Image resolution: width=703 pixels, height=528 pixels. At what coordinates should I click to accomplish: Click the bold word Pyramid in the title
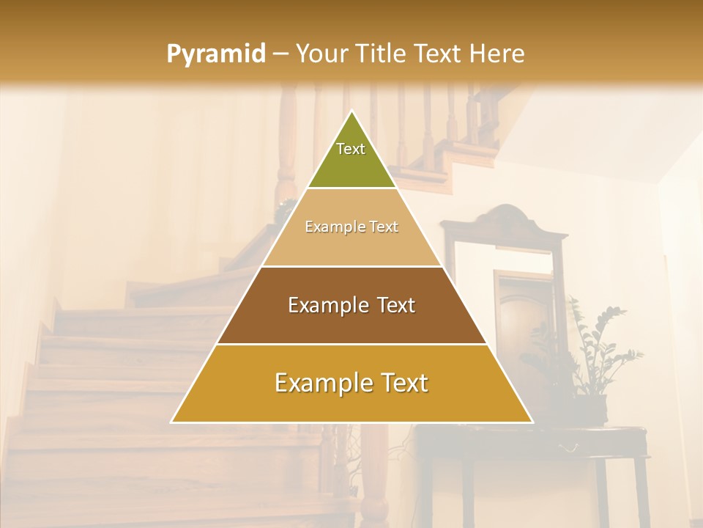coord(216,54)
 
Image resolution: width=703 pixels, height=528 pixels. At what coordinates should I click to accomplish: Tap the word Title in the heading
coord(382,54)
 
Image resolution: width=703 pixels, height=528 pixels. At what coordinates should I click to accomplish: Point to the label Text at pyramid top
coord(351,149)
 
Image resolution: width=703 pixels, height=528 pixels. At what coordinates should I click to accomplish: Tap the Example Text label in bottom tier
coord(351,383)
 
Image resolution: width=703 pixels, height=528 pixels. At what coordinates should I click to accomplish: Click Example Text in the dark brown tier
coord(351,305)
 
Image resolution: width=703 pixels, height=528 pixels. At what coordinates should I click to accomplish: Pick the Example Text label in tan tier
coord(351,227)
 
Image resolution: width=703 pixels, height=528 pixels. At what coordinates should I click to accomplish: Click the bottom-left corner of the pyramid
coord(172,422)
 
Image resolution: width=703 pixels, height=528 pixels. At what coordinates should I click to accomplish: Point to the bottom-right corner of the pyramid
coord(532,422)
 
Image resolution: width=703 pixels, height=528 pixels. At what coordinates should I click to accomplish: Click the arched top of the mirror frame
coord(505,216)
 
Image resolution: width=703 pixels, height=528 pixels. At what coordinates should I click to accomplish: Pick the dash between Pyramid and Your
coord(280,54)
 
